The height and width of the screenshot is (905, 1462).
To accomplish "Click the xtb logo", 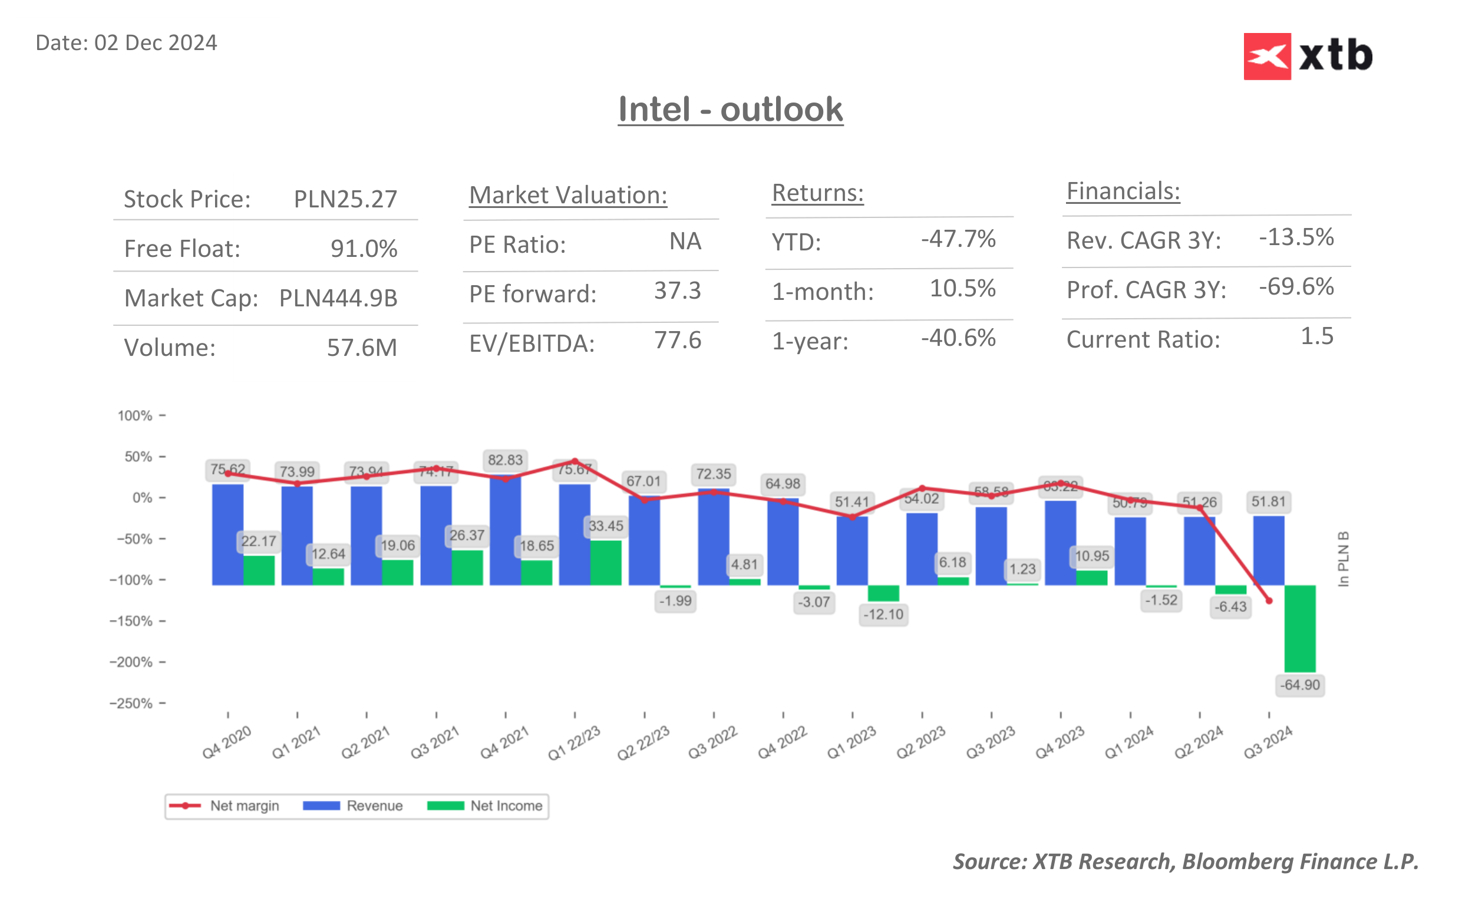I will [x=1308, y=56].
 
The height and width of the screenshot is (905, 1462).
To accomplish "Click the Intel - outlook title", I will [x=730, y=110].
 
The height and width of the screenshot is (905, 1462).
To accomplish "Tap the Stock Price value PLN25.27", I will [x=345, y=199].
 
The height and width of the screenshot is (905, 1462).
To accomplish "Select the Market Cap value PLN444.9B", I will [x=338, y=298].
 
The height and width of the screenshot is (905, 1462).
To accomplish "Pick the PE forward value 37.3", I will [x=677, y=291].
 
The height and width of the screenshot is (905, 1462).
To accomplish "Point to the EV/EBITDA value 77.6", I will [x=677, y=341].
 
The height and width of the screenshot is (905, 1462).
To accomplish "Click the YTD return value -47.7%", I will [x=958, y=239].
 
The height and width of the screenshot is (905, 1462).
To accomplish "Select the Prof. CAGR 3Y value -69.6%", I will [x=1296, y=288].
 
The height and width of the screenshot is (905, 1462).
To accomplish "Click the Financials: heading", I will [x=1123, y=191].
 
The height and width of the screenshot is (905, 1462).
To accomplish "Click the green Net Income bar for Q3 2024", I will [x=1299, y=628].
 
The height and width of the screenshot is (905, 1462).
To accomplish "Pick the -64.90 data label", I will [x=1299, y=685].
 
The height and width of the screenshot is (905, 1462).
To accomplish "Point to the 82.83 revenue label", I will [x=504, y=460].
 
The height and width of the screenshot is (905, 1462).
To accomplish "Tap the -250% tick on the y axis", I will [x=131, y=703].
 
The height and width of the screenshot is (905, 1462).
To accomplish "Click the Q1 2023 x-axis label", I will [x=851, y=743].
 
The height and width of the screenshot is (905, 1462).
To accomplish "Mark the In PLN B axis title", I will [x=1343, y=559].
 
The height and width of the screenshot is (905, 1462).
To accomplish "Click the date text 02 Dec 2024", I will [x=155, y=43].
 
